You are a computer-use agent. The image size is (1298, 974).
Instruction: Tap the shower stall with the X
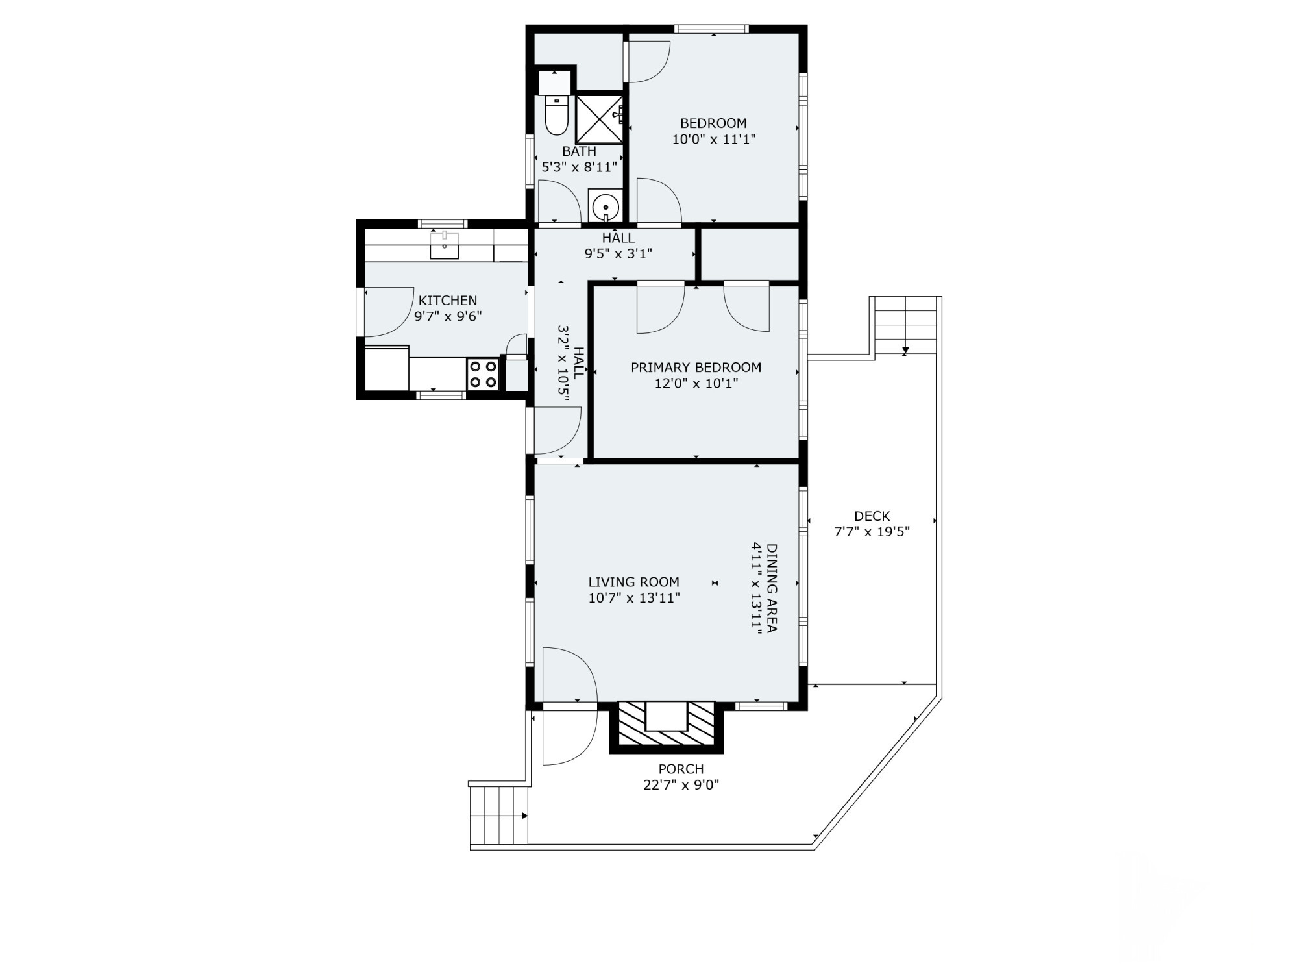coord(599,119)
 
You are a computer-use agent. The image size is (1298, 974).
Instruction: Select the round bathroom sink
coord(605,206)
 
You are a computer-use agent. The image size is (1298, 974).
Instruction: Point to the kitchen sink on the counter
coord(445,245)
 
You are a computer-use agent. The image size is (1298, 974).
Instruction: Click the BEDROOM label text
coord(713,123)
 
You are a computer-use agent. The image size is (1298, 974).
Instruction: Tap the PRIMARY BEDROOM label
coord(696,368)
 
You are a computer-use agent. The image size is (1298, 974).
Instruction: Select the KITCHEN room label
coord(448,301)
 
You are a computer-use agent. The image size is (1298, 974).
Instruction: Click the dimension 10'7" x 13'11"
coord(634,598)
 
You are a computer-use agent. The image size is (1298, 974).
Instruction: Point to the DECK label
coord(872,516)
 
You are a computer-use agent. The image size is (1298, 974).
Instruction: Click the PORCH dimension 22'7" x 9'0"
coord(681,785)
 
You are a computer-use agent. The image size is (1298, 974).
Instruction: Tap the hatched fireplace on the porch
coord(666,726)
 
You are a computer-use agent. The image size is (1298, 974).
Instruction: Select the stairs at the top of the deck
coord(905,325)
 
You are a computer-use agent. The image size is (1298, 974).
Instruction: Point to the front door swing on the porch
coord(568,737)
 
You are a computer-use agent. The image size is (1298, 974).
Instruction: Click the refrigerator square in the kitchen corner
coord(387,369)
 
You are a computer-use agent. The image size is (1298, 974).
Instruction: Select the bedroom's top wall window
coord(711,29)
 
